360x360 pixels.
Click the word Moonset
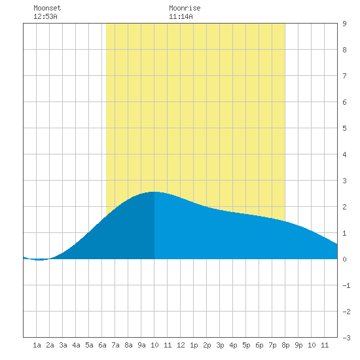(47, 8)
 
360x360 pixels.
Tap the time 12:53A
(45, 16)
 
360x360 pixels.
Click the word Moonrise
(185, 8)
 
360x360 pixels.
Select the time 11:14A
(181, 16)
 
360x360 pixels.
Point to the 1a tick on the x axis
(37, 345)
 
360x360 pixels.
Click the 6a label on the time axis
(102, 345)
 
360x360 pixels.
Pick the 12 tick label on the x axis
(181, 345)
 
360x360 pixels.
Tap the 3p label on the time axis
(220, 345)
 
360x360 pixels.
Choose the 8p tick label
(285, 345)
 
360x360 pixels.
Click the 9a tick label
(141, 345)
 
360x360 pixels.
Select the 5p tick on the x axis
(246, 345)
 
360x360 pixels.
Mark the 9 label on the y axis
(344, 24)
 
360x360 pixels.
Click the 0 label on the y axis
(344, 259)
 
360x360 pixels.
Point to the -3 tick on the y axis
(346, 338)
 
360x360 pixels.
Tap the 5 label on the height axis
(344, 128)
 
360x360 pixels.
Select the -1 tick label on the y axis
(346, 285)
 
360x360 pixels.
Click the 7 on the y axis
(344, 76)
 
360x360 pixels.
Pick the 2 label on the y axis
(344, 207)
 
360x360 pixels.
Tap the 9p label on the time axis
(298, 345)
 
